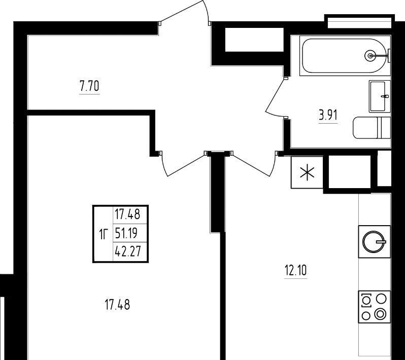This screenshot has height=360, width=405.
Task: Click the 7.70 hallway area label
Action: [89, 86]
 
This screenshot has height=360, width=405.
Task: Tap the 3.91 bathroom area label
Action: [328, 115]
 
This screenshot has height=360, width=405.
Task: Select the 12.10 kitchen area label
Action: [296, 271]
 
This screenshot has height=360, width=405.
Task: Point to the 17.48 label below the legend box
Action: [118, 305]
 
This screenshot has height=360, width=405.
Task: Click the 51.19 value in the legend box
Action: [126, 233]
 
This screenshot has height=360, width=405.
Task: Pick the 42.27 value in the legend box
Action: [128, 251]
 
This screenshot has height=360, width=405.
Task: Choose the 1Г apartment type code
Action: [104, 234]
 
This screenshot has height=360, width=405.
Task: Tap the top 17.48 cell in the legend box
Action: [127, 214]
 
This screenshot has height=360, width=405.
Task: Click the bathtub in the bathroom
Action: [345, 55]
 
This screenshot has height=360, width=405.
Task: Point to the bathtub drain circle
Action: [370, 55]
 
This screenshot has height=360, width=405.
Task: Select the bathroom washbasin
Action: [380, 96]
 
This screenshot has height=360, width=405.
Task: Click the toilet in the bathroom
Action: [372, 128]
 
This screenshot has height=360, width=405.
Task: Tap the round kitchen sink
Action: [374, 241]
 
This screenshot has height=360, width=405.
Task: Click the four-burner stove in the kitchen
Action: [374, 307]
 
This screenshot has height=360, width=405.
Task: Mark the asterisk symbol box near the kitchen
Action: [307, 172]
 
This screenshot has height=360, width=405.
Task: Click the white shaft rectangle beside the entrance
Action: [254, 40]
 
